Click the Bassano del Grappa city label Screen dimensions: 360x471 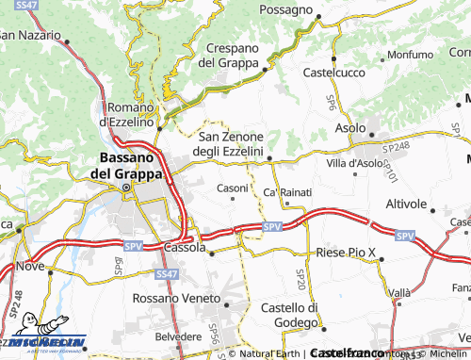(125, 165)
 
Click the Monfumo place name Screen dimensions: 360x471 (409, 55)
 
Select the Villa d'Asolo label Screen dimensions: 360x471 (354, 163)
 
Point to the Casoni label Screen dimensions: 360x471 (233, 188)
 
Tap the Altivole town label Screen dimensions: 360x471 (407, 204)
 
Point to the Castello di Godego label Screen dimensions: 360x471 (290, 316)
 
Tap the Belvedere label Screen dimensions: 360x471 (178, 335)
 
